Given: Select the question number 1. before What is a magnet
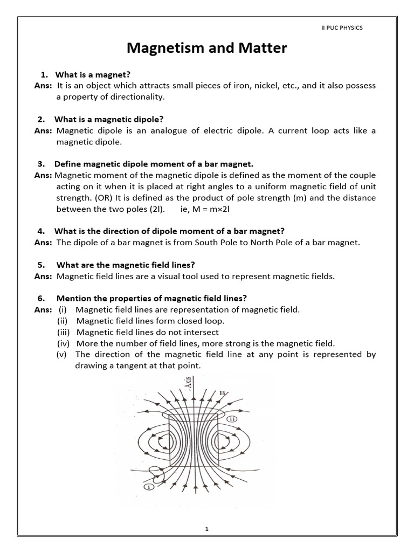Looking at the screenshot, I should pyautogui.click(x=45, y=74).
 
